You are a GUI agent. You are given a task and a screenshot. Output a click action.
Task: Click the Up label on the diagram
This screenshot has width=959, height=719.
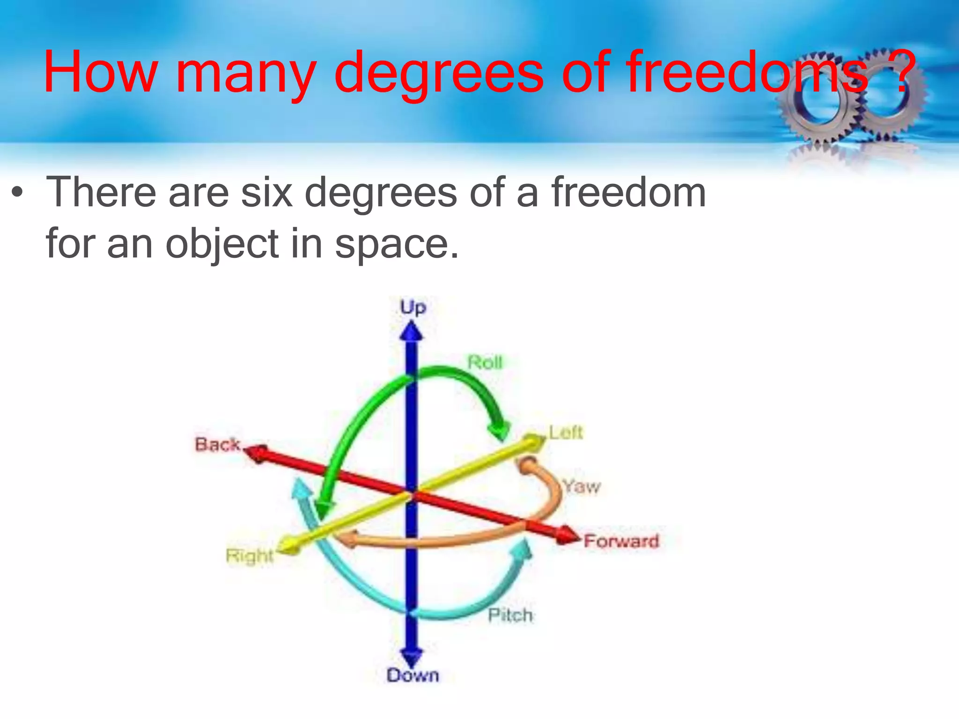tap(413, 308)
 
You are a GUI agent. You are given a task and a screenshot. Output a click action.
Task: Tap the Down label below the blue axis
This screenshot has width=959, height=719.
tap(413, 675)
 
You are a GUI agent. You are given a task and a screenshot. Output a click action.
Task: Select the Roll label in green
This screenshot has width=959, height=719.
tap(485, 362)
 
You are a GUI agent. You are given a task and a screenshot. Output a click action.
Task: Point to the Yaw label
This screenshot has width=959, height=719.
tap(581, 487)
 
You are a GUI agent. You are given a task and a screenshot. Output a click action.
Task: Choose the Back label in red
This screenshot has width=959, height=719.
tap(218, 444)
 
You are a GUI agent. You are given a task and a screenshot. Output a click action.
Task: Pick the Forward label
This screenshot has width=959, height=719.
tap(621, 541)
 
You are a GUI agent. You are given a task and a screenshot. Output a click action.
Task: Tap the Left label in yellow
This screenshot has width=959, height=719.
tap(566, 433)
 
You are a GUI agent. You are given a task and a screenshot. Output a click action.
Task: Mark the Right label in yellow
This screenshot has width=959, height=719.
tap(249, 556)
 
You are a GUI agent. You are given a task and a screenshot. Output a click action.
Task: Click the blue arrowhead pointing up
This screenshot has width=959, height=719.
tap(411, 331)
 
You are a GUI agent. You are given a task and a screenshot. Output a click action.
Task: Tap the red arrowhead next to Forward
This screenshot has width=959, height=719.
tap(569, 535)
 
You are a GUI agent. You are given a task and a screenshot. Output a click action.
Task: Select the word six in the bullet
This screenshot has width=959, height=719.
tap(266, 192)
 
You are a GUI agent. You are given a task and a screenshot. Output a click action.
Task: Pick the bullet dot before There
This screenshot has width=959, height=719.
tap(18, 192)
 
